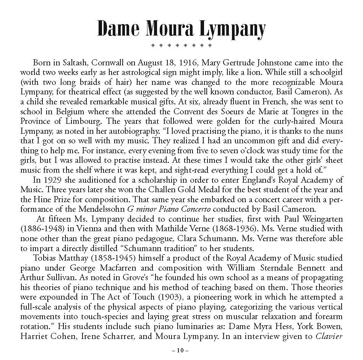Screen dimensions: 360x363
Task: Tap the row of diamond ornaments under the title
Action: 181,45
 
